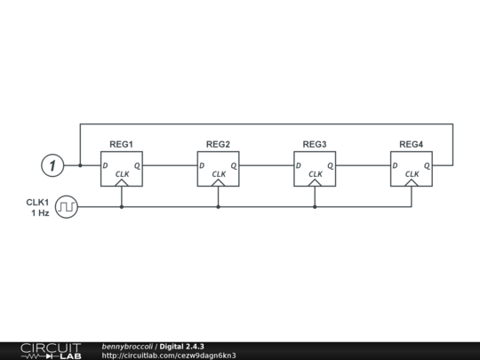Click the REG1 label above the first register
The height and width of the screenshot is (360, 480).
(x=122, y=144)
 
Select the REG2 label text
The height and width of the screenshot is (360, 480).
(x=218, y=144)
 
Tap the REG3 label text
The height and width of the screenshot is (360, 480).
(x=315, y=144)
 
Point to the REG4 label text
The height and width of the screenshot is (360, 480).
(x=411, y=144)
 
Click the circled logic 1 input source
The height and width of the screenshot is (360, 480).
(x=53, y=165)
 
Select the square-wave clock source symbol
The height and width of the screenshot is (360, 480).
(x=67, y=207)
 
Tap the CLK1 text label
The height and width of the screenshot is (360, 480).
(x=37, y=202)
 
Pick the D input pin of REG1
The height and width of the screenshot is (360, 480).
(x=105, y=165)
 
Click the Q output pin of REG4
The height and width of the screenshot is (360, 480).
(x=427, y=165)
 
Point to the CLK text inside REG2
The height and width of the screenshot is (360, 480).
(x=218, y=174)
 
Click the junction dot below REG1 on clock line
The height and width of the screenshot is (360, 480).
(x=122, y=207)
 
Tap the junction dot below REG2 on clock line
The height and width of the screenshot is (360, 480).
(x=218, y=207)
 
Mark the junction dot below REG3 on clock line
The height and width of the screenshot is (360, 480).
(x=315, y=207)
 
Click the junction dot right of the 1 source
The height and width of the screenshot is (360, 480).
(x=80, y=165)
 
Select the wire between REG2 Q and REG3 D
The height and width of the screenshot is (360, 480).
(x=267, y=165)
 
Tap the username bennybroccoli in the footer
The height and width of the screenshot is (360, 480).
(x=127, y=346)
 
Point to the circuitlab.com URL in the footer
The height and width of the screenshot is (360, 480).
(x=169, y=356)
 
